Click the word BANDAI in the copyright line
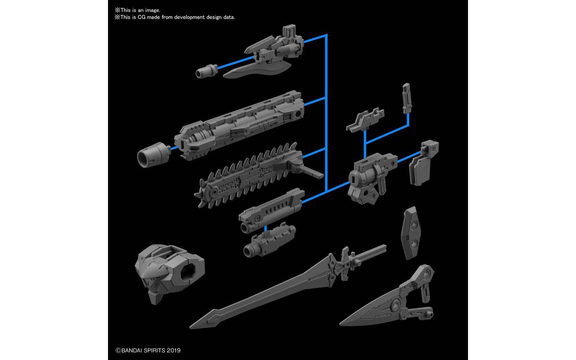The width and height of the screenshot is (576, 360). coord(133,350)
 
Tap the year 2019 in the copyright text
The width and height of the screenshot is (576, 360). coord(174,350)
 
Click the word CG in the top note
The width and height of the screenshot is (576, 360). coord(141,17)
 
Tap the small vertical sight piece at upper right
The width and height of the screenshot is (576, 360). coord(406,97)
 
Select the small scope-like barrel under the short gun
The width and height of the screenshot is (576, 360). coord(270,241)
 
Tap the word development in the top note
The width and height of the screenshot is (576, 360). coord(189,17)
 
